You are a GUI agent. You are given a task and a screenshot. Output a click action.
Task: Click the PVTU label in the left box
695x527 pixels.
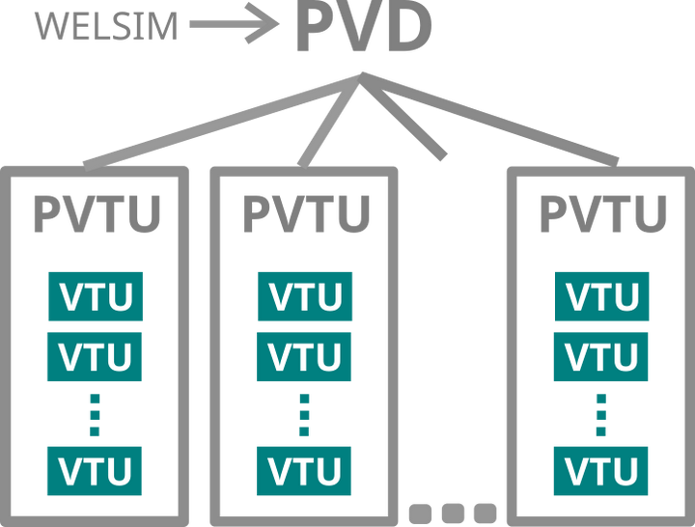pos(96,214)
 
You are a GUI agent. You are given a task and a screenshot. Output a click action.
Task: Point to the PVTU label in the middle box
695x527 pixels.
pos(304,214)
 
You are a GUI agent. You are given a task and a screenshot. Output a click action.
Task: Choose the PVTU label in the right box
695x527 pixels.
pos(601,214)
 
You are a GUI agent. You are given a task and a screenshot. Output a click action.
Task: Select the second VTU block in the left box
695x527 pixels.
pos(96,356)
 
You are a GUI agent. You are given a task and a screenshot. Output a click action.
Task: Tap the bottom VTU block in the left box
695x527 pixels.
pos(96,470)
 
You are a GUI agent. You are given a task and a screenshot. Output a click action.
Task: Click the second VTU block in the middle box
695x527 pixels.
pos(304,356)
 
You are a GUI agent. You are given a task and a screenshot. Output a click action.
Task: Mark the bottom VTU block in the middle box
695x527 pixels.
pos(304,470)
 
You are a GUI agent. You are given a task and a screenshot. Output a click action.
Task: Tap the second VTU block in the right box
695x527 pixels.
pos(601,356)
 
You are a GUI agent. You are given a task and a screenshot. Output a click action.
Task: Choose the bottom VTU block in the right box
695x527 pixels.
pos(601,470)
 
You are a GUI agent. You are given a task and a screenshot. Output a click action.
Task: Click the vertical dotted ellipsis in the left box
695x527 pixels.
pos(96,413)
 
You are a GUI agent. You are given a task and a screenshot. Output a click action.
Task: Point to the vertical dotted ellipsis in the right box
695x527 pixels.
pos(601,413)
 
